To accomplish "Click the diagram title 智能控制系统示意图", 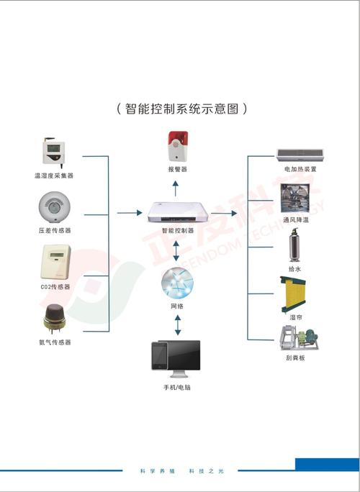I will pos(181,109).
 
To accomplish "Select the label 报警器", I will pos(177,170).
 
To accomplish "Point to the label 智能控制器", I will pos(177,232).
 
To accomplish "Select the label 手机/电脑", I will pos(177,388).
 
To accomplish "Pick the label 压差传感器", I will pos(54,231).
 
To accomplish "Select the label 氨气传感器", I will pos(55,342).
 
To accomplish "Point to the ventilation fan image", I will pos(296,196).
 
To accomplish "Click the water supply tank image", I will pos(295,247).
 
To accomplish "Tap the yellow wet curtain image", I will pos(295,293).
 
